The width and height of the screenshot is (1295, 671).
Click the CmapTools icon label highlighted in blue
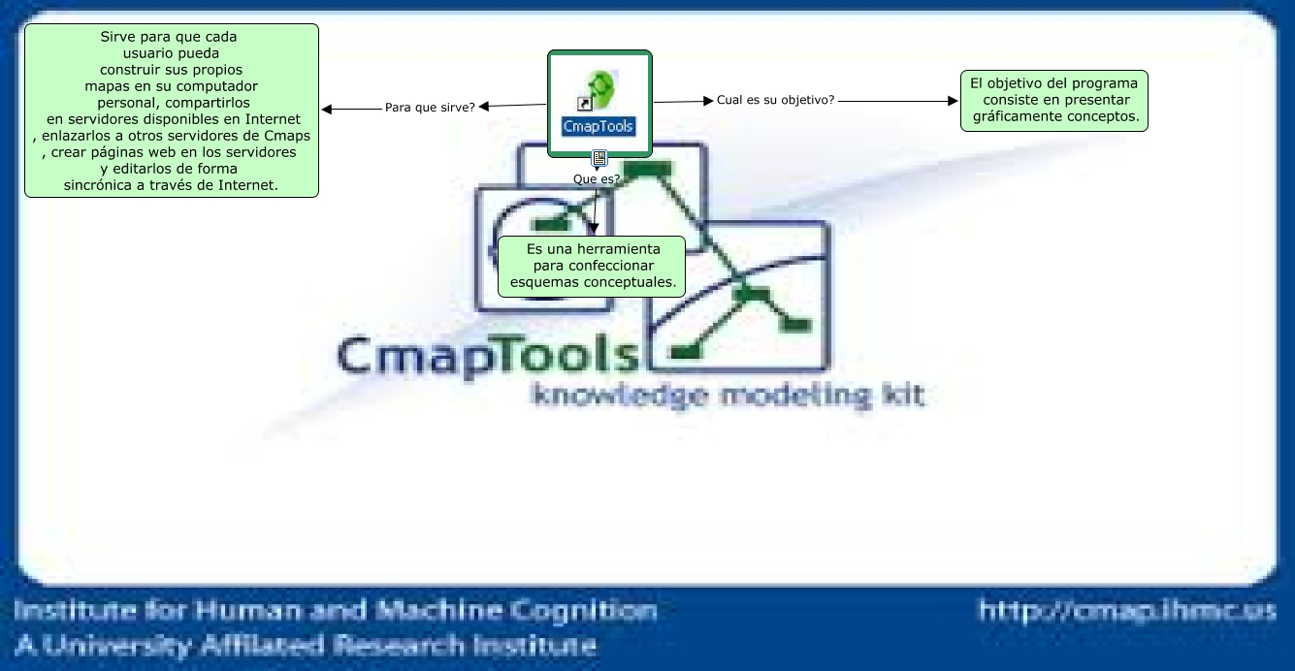click(x=599, y=126)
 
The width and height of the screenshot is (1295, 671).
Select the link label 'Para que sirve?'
click(x=430, y=107)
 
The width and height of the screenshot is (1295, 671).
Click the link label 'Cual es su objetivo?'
click(x=775, y=99)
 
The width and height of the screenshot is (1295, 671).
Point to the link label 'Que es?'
click(x=597, y=178)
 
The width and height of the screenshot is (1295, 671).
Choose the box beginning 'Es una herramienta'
click(x=592, y=266)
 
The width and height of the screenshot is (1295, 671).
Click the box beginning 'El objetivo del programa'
click(x=1053, y=100)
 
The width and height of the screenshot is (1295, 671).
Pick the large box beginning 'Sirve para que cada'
click(x=172, y=111)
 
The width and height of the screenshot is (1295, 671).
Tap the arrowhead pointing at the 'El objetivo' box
click(x=953, y=100)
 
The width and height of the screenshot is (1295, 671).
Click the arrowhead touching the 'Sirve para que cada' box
click(x=327, y=110)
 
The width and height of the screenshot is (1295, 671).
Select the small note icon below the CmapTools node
click(x=599, y=158)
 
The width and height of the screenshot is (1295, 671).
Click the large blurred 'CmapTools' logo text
click(x=487, y=356)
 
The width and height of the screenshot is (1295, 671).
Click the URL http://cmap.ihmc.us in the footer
click(x=1127, y=611)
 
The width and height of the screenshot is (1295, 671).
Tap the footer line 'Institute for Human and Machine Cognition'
click(x=336, y=611)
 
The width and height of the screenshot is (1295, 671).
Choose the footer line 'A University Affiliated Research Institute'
click(x=305, y=645)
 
